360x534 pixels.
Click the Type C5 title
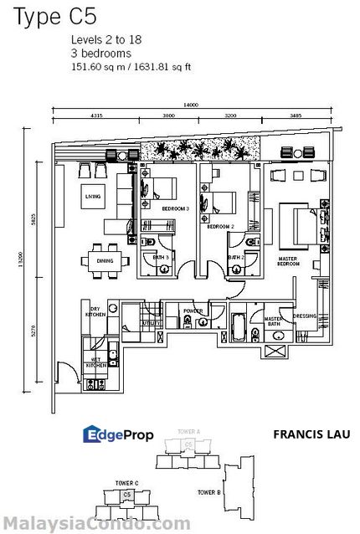(x=41, y=14)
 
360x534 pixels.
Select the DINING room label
(x=105, y=261)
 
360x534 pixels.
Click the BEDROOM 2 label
(x=219, y=227)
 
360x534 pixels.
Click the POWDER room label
(x=193, y=311)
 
